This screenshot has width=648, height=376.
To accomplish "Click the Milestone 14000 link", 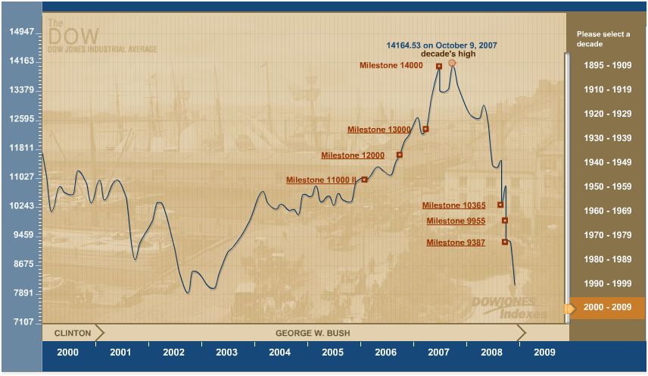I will pos(390,66).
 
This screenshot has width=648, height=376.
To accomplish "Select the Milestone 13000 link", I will pos(379,130).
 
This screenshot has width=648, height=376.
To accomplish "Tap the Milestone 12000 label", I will pos(352,155).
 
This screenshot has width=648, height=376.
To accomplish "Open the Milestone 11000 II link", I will pos(320,180).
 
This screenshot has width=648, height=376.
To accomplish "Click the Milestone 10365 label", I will pos(453,205).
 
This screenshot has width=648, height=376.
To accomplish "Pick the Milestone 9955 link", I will pos(456,221).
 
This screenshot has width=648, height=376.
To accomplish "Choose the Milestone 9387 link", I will pos(456,243).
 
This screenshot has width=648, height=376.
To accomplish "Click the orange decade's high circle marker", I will pos(452,63).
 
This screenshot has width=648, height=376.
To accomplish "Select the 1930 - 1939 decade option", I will pos(607,138).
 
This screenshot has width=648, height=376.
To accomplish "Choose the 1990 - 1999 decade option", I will pos(607,284).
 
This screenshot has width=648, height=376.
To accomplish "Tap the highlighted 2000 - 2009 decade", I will pos(607,308).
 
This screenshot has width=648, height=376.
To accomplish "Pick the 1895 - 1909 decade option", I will pos(607,65).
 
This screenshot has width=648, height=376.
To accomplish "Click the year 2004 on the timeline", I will pos(279,352).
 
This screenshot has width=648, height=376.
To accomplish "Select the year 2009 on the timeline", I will pos(544,352).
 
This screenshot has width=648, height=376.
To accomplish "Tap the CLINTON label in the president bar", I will pos(73,333).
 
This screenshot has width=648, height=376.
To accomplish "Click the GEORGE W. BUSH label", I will pos(313,333).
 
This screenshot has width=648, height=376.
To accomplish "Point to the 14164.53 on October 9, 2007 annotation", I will pos(441,45).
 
